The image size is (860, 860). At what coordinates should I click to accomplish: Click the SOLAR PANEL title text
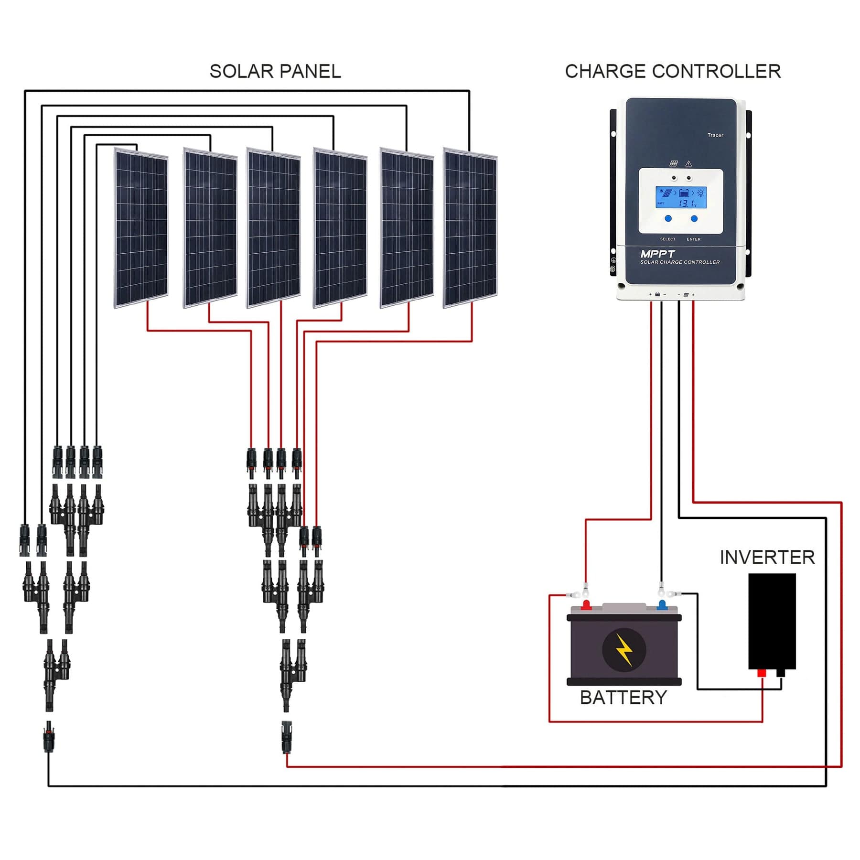pyautogui.click(x=275, y=71)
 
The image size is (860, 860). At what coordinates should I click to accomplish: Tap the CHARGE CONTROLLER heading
pyautogui.click(x=672, y=71)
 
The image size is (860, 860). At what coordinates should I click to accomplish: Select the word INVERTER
pyautogui.click(x=767, y=557)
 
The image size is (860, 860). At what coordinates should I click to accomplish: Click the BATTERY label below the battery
pyautogui.click(x=623, y=698)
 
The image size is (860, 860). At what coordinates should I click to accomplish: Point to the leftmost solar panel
pyautogui.click(x=141, y=228)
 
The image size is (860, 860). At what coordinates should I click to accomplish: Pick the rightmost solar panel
pyautogui.click(x=470, y=228)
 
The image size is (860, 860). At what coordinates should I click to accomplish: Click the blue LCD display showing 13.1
pyautogui.click(x=680, y=197)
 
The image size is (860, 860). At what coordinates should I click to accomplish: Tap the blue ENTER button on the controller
pyautogui.click(x=694, y=218)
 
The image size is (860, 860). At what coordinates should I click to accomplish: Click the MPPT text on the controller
pyautogui.click(x=657, y=254)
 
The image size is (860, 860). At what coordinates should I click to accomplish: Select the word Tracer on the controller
pyautogui.click(x=715, y=135)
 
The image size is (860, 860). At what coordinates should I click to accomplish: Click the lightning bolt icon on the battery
pyautogui.click(x=624, y=650)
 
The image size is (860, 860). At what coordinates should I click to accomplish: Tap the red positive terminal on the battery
pyautogui.click(x=586, y=605)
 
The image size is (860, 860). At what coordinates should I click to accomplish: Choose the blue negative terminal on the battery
pyautogui.click(x=662, y=605)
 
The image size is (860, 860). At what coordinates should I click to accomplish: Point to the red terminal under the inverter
pyautogui.click(x=762, y=673)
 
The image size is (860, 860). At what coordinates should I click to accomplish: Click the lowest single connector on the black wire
pyautogui.click(x=48, y=736)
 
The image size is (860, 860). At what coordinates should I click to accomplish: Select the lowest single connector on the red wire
pyautogui.click(x=287, y=736)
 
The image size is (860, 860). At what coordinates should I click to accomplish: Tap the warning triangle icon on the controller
pyautogui.click(x=688, y=163)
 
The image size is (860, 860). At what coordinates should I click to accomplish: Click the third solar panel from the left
pyautogui.click(x=273, y=228)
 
